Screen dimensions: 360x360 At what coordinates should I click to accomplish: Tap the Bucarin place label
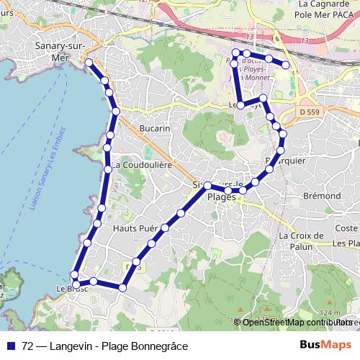coord(156,128)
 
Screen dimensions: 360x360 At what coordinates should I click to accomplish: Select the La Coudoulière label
coord(142,164)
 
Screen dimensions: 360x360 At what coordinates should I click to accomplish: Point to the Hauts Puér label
coord(135,228)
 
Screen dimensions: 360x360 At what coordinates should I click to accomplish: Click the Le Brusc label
coord(70,288)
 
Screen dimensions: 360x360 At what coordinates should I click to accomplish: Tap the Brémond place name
coord(322,195)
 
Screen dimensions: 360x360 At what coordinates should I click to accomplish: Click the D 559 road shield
coord(308,112)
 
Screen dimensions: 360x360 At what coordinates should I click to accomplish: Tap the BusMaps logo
coord(326,346)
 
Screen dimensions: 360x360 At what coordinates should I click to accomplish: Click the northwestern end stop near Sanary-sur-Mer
coord(89,63)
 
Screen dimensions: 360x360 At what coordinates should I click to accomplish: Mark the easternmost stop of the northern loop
coord(286,66)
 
